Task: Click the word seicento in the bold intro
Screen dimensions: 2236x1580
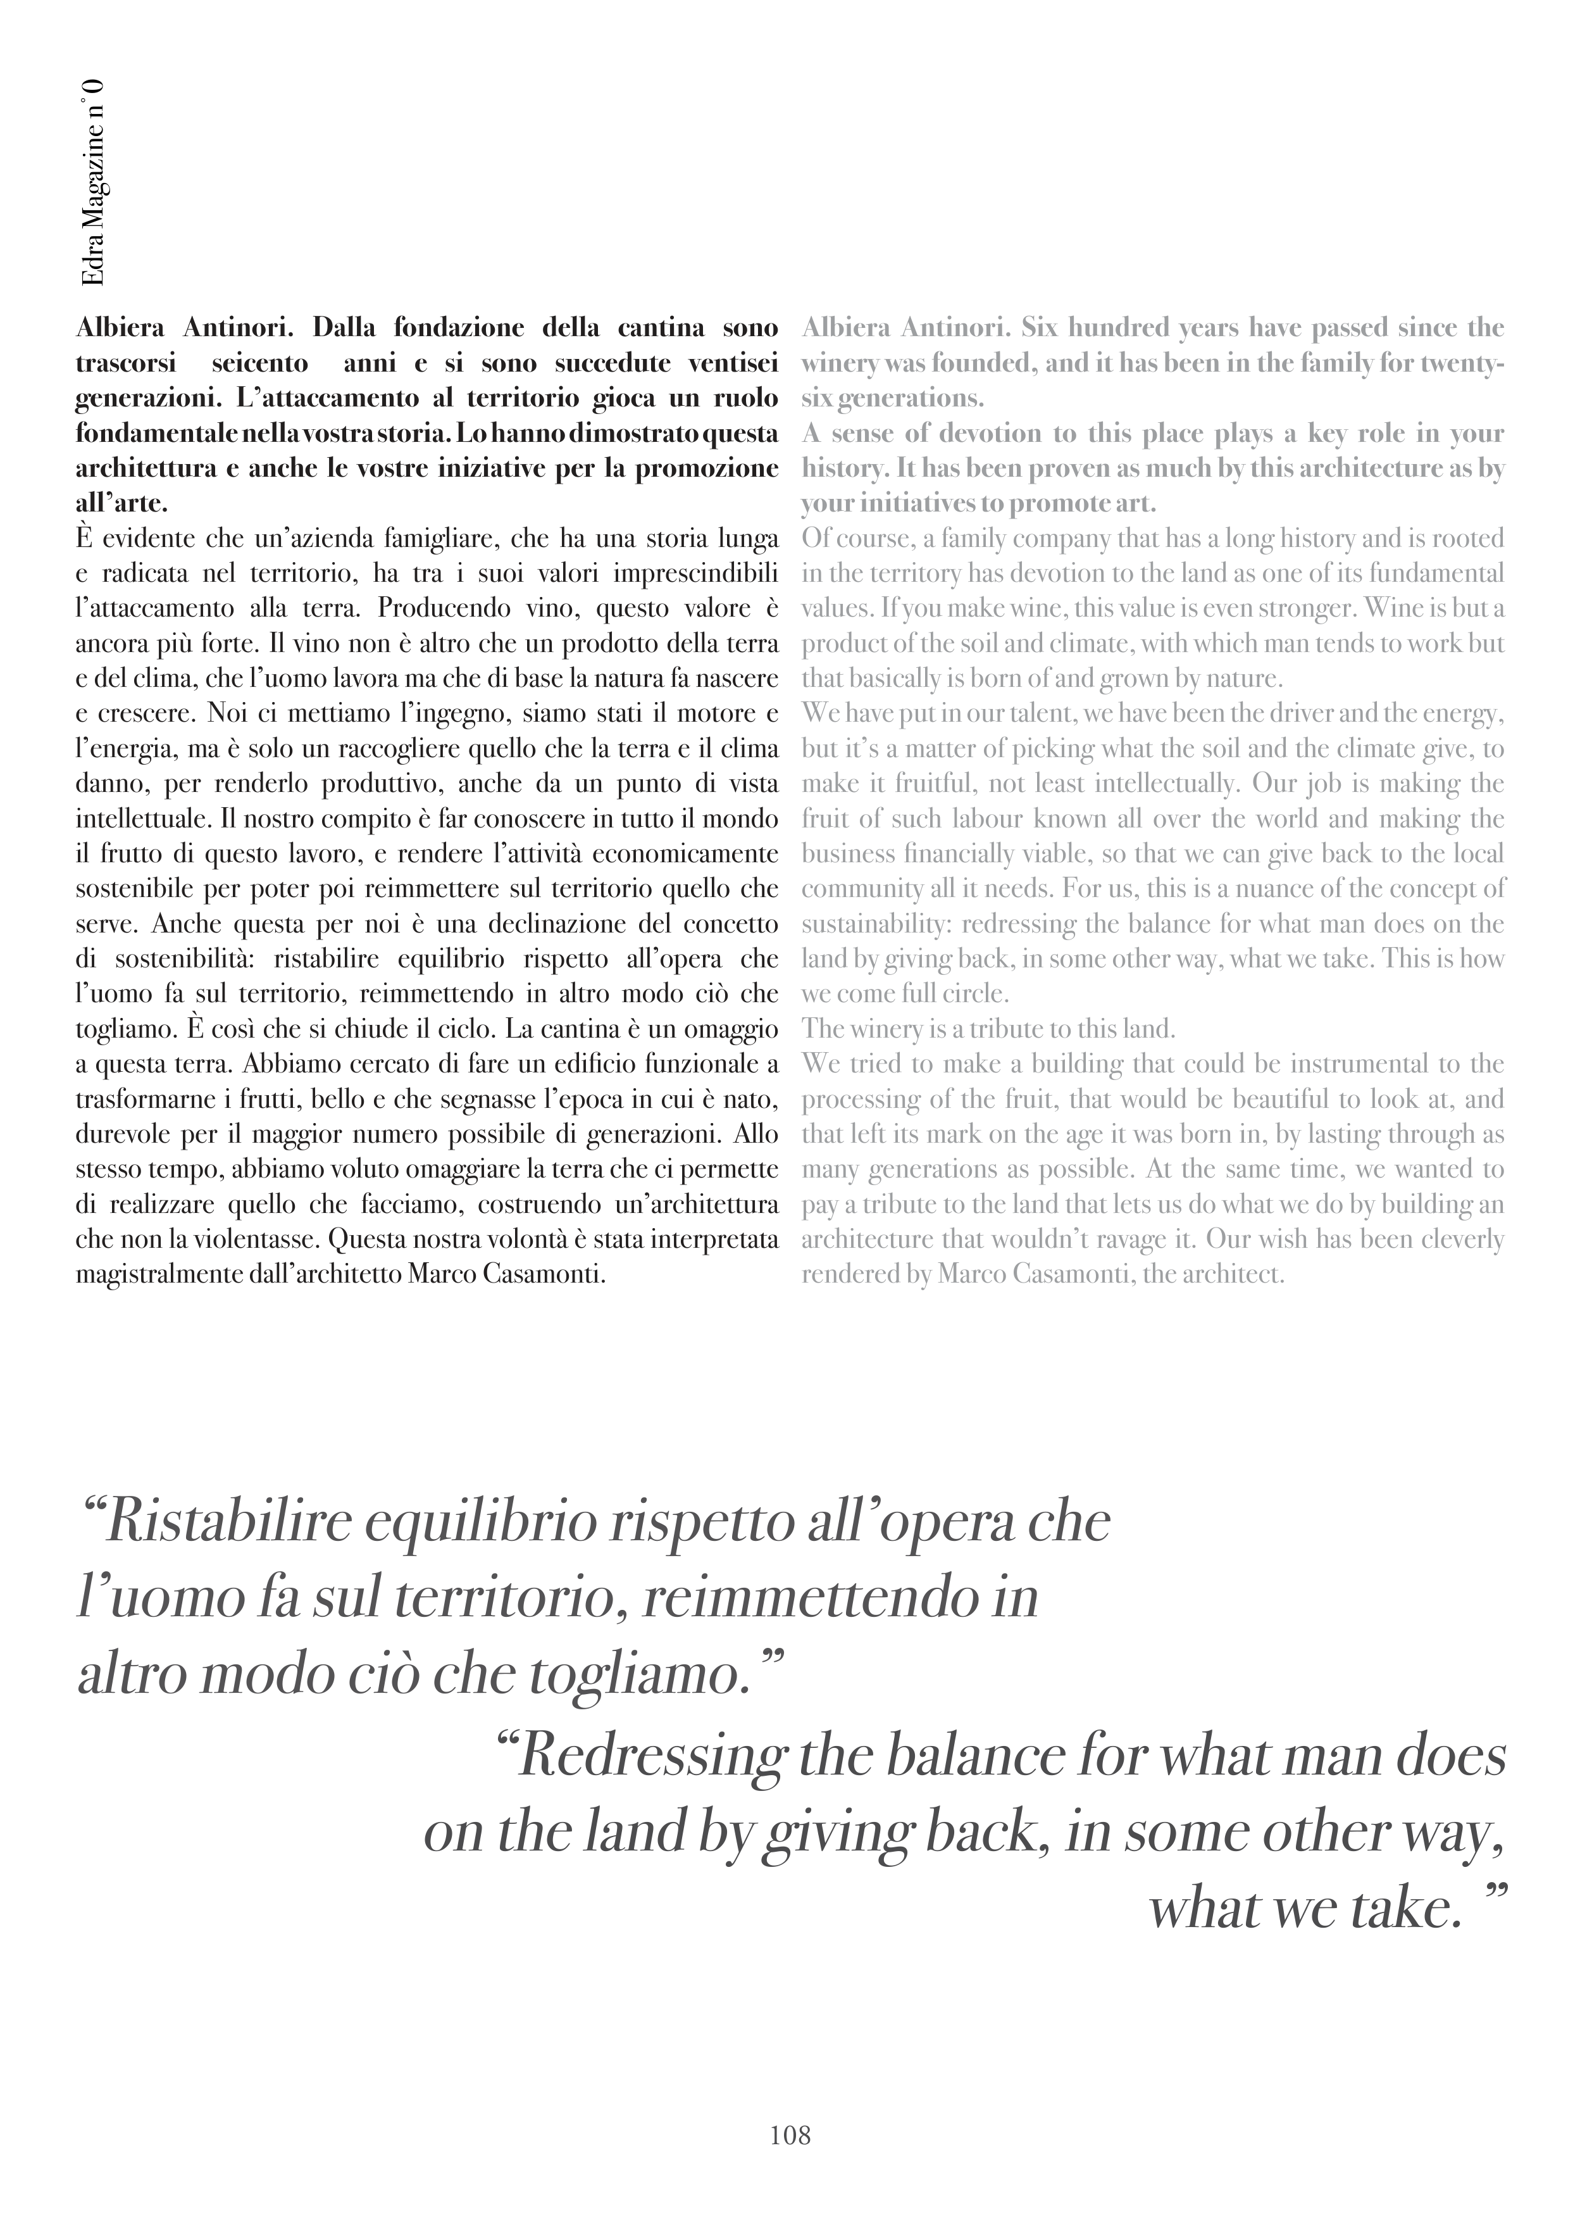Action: [259, 363]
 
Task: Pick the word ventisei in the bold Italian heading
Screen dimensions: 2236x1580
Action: [733, 363]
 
